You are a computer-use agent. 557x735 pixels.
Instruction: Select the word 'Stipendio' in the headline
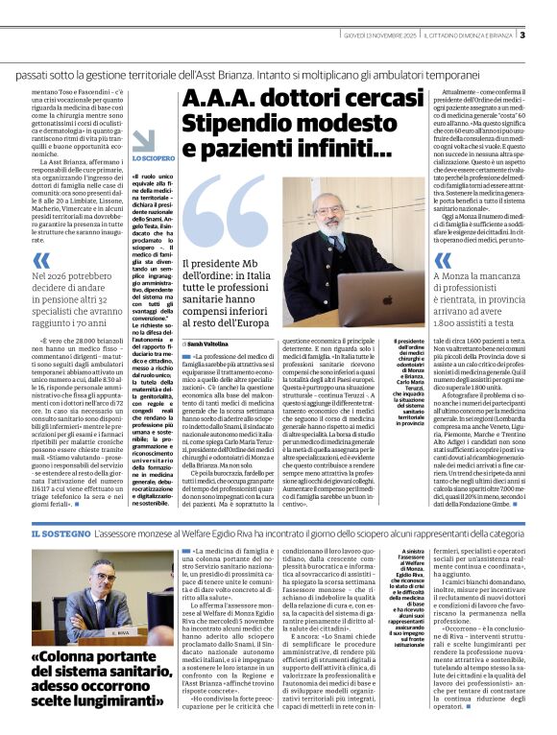tap(247, 123)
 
